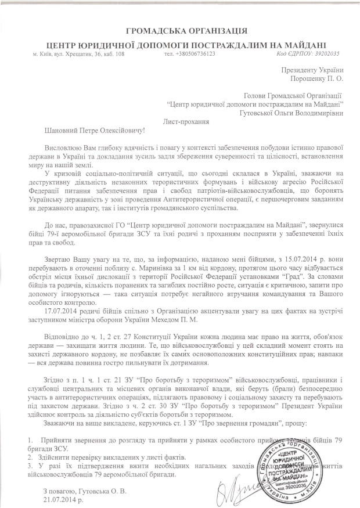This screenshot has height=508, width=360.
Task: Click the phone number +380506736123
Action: click(x=190, y=53)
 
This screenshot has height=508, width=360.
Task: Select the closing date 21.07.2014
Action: click(x=62, y=499)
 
